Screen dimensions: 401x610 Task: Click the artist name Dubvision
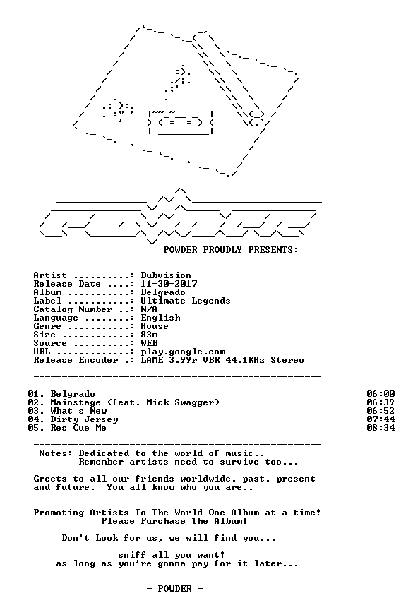coord(166,275)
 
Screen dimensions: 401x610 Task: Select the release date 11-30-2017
coord(169,284)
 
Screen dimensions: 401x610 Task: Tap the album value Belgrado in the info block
coord(163,292)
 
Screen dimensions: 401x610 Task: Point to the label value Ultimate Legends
coord(186,301)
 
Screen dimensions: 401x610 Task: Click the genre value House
coord(155,326)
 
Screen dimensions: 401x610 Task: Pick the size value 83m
coord(149,335)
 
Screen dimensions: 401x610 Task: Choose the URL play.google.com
coord(183,352)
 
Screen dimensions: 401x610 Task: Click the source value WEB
coord(149,344)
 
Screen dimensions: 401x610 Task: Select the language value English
coord(160,318)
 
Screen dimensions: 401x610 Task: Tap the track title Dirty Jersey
coord(84,420)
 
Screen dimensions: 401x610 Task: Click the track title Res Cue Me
coord(78,428)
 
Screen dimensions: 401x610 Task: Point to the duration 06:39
coord(381,402)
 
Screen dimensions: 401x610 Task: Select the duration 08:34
coord(381,428)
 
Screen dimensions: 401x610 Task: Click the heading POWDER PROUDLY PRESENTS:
coord(231,250)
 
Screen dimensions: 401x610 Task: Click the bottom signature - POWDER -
coord(174,589)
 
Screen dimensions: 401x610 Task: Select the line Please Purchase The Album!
coord(174,521)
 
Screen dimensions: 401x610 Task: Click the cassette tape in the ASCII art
coord(181,122)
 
